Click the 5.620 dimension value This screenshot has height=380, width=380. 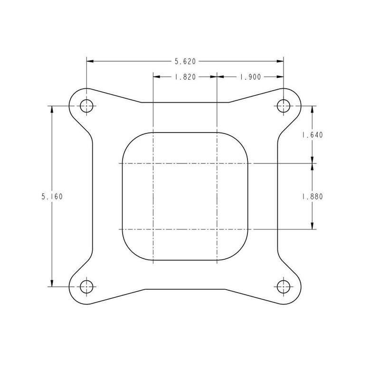(185, 61)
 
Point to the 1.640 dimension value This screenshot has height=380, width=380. (312, 134)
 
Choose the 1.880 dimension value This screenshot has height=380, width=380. (312, 196)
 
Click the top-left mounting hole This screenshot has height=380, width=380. (86, 106)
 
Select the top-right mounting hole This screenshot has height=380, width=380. (284, 106)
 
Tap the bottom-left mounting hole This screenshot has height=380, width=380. (86, 286)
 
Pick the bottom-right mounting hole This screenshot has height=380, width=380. (284, 286)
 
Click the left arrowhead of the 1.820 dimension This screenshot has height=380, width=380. (157, 76)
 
